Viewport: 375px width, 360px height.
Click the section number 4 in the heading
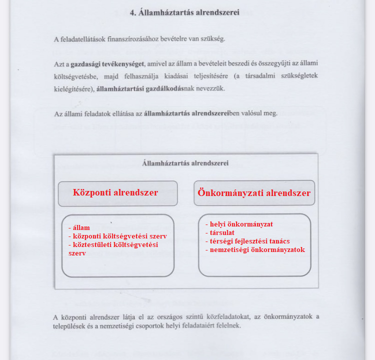point(132,12)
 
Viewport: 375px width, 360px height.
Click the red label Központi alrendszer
point(115,192)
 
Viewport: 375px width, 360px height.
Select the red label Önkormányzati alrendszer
point(254,193)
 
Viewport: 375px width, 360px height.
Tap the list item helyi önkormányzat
point(240,224)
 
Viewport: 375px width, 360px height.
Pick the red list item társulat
point(221,232)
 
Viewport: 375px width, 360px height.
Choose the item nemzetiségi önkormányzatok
point(256,249)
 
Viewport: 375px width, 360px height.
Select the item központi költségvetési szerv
point(118,236)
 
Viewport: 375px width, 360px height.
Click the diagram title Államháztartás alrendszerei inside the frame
point(185,162)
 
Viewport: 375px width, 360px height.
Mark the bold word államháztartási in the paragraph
point(119,88)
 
